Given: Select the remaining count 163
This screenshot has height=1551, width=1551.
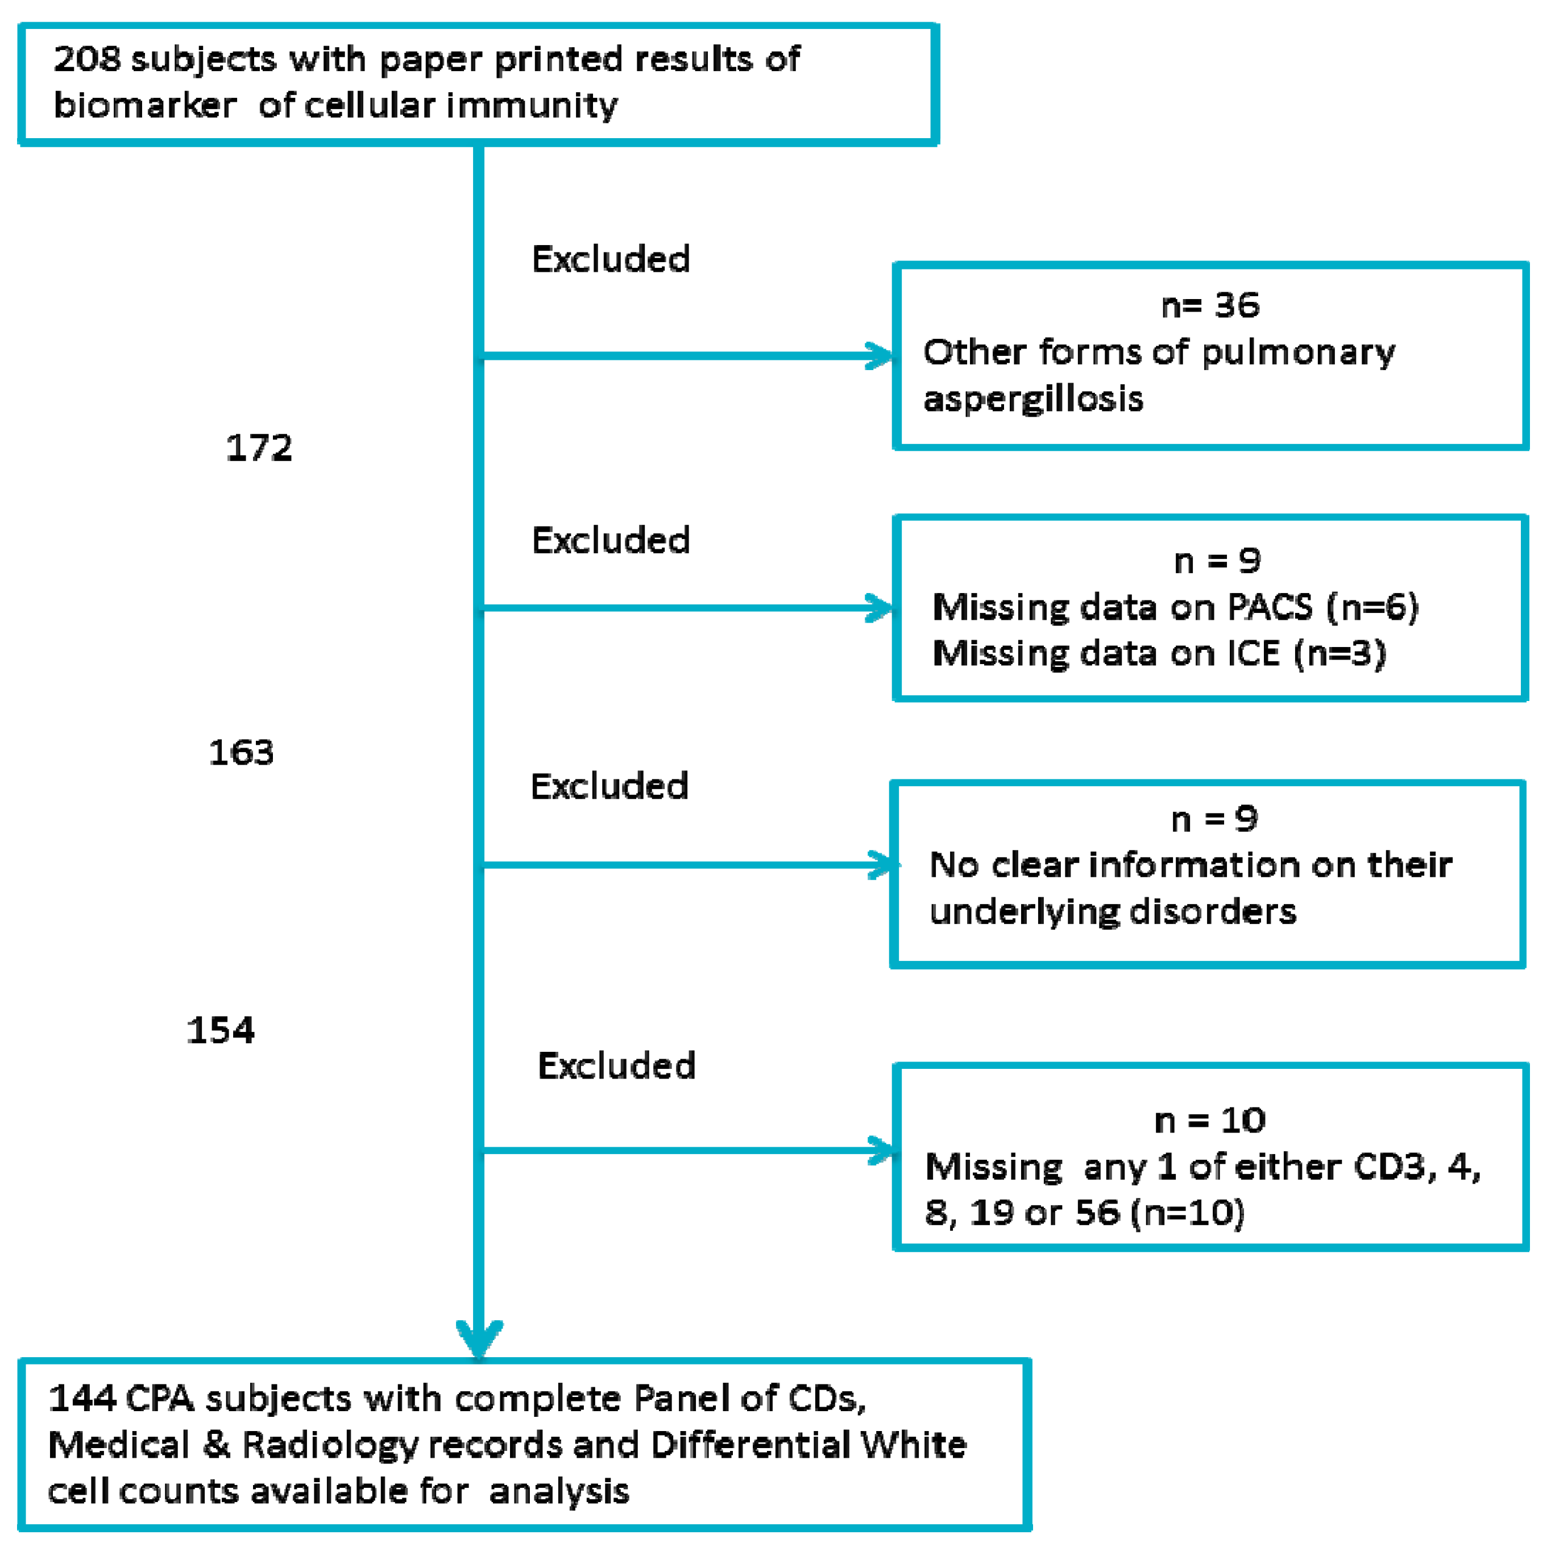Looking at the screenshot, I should (x=241, y=752).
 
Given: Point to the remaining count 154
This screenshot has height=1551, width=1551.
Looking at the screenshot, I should (x=220, y=1030).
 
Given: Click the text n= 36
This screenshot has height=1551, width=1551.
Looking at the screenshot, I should (x=1210, y=306).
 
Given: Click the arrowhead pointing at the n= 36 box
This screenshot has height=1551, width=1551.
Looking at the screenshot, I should (x=880, y=356).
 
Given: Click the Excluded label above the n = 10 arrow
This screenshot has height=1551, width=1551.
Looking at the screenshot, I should (x=616, y=1066).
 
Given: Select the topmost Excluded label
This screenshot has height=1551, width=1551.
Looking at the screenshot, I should (x=610, y=259).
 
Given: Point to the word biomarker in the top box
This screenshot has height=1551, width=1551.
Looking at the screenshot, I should (x=144, y=106).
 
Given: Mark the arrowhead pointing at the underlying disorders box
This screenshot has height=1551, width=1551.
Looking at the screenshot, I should (x=883, y=865).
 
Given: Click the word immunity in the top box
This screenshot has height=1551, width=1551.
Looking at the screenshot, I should (x=532, y=106).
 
